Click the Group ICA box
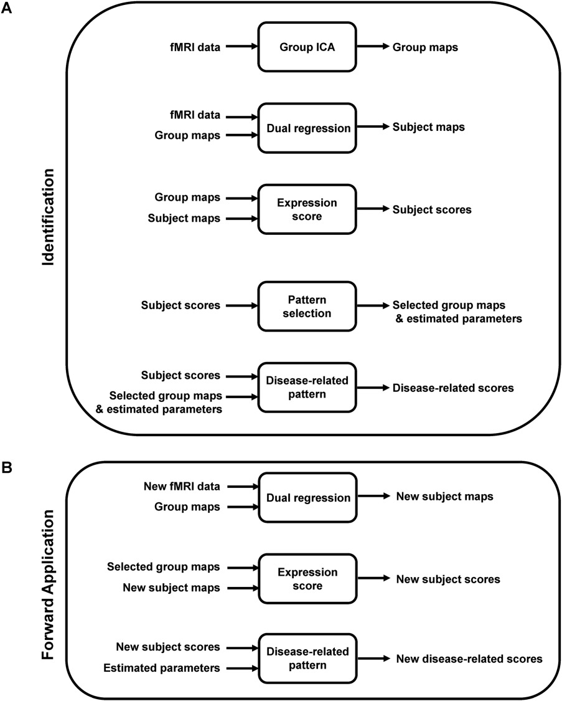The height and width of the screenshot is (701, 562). tap(307, 47)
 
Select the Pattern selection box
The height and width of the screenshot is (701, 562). tap(307, 306)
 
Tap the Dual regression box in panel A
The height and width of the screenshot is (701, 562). tap(307, 128)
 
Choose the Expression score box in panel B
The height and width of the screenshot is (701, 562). tap(307, 579)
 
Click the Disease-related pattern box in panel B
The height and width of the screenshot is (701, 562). tap(307, 658)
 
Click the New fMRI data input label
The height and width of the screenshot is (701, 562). tap(182, 487)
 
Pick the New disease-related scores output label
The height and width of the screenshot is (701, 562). tap(470, 659)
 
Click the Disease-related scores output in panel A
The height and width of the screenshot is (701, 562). tap(453, 388)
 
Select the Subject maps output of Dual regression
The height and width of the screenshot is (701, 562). tap(429, 127)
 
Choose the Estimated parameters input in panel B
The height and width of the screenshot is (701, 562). tap(162, 668)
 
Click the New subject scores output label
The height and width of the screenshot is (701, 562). tap(448, 579)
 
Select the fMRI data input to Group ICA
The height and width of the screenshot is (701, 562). tap(195, 47)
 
